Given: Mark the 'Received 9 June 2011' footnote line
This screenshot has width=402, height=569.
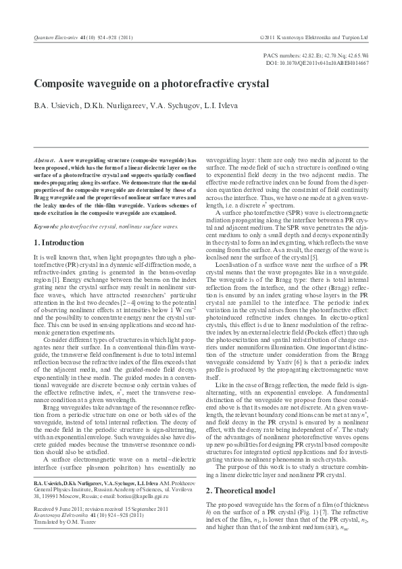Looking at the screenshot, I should (51, 528).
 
